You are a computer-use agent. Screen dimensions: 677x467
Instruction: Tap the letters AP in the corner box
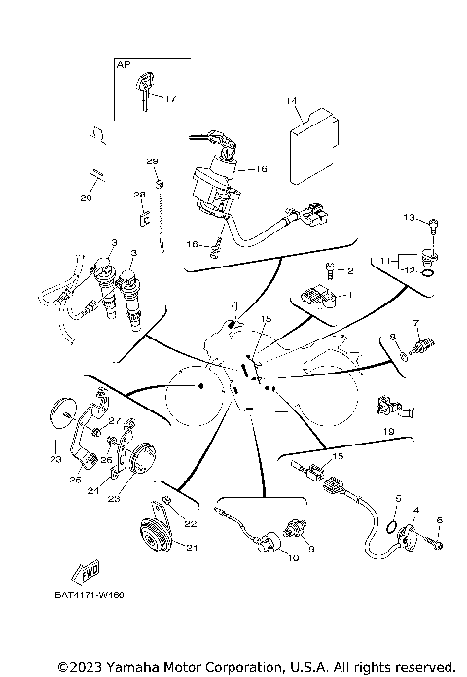[123, 64]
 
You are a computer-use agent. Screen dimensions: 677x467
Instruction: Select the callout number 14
[291, 101]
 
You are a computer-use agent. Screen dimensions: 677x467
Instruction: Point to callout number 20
[87, 197]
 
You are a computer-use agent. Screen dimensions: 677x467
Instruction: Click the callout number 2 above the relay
[350, 271]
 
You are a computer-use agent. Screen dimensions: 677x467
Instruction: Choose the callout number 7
[414, 322]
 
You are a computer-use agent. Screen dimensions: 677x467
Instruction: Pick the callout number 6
[439, 522]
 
